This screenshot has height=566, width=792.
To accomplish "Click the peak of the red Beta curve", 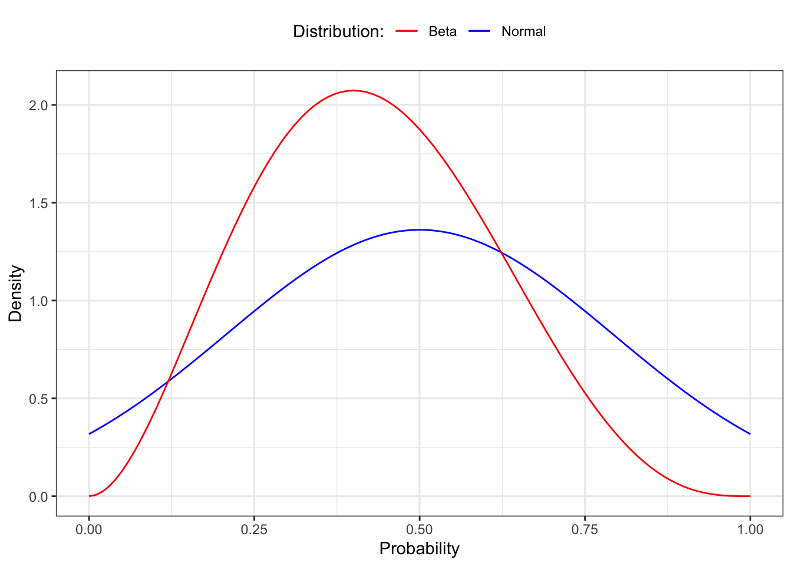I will click(353, 90).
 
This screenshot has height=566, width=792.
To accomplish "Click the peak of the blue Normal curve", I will click(419, 230).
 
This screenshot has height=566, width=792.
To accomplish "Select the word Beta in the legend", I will click(442, 31).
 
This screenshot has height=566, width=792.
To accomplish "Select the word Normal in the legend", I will click(523, 31).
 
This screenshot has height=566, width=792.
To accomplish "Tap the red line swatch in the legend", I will click(407, 31).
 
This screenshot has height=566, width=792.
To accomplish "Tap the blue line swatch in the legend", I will click(480, 31).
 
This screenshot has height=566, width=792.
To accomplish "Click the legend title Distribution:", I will click(338, 31).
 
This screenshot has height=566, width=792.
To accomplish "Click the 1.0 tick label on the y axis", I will click(39, 301).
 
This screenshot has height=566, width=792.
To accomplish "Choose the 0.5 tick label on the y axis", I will click(39, 399).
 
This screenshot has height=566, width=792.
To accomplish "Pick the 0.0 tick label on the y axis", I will click(39, 496).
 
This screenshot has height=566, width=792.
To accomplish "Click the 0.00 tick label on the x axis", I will click(89, 529).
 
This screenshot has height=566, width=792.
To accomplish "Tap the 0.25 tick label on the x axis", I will click(254, 529).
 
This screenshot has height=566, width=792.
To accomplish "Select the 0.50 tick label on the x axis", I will click(419, 529).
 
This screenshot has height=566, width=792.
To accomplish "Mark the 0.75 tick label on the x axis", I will click(585, 529).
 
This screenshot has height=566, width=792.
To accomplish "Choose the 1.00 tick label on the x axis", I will click(750, 529).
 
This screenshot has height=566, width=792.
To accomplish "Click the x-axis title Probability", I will click(419, 549).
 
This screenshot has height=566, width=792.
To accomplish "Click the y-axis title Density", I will click(15, 294).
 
